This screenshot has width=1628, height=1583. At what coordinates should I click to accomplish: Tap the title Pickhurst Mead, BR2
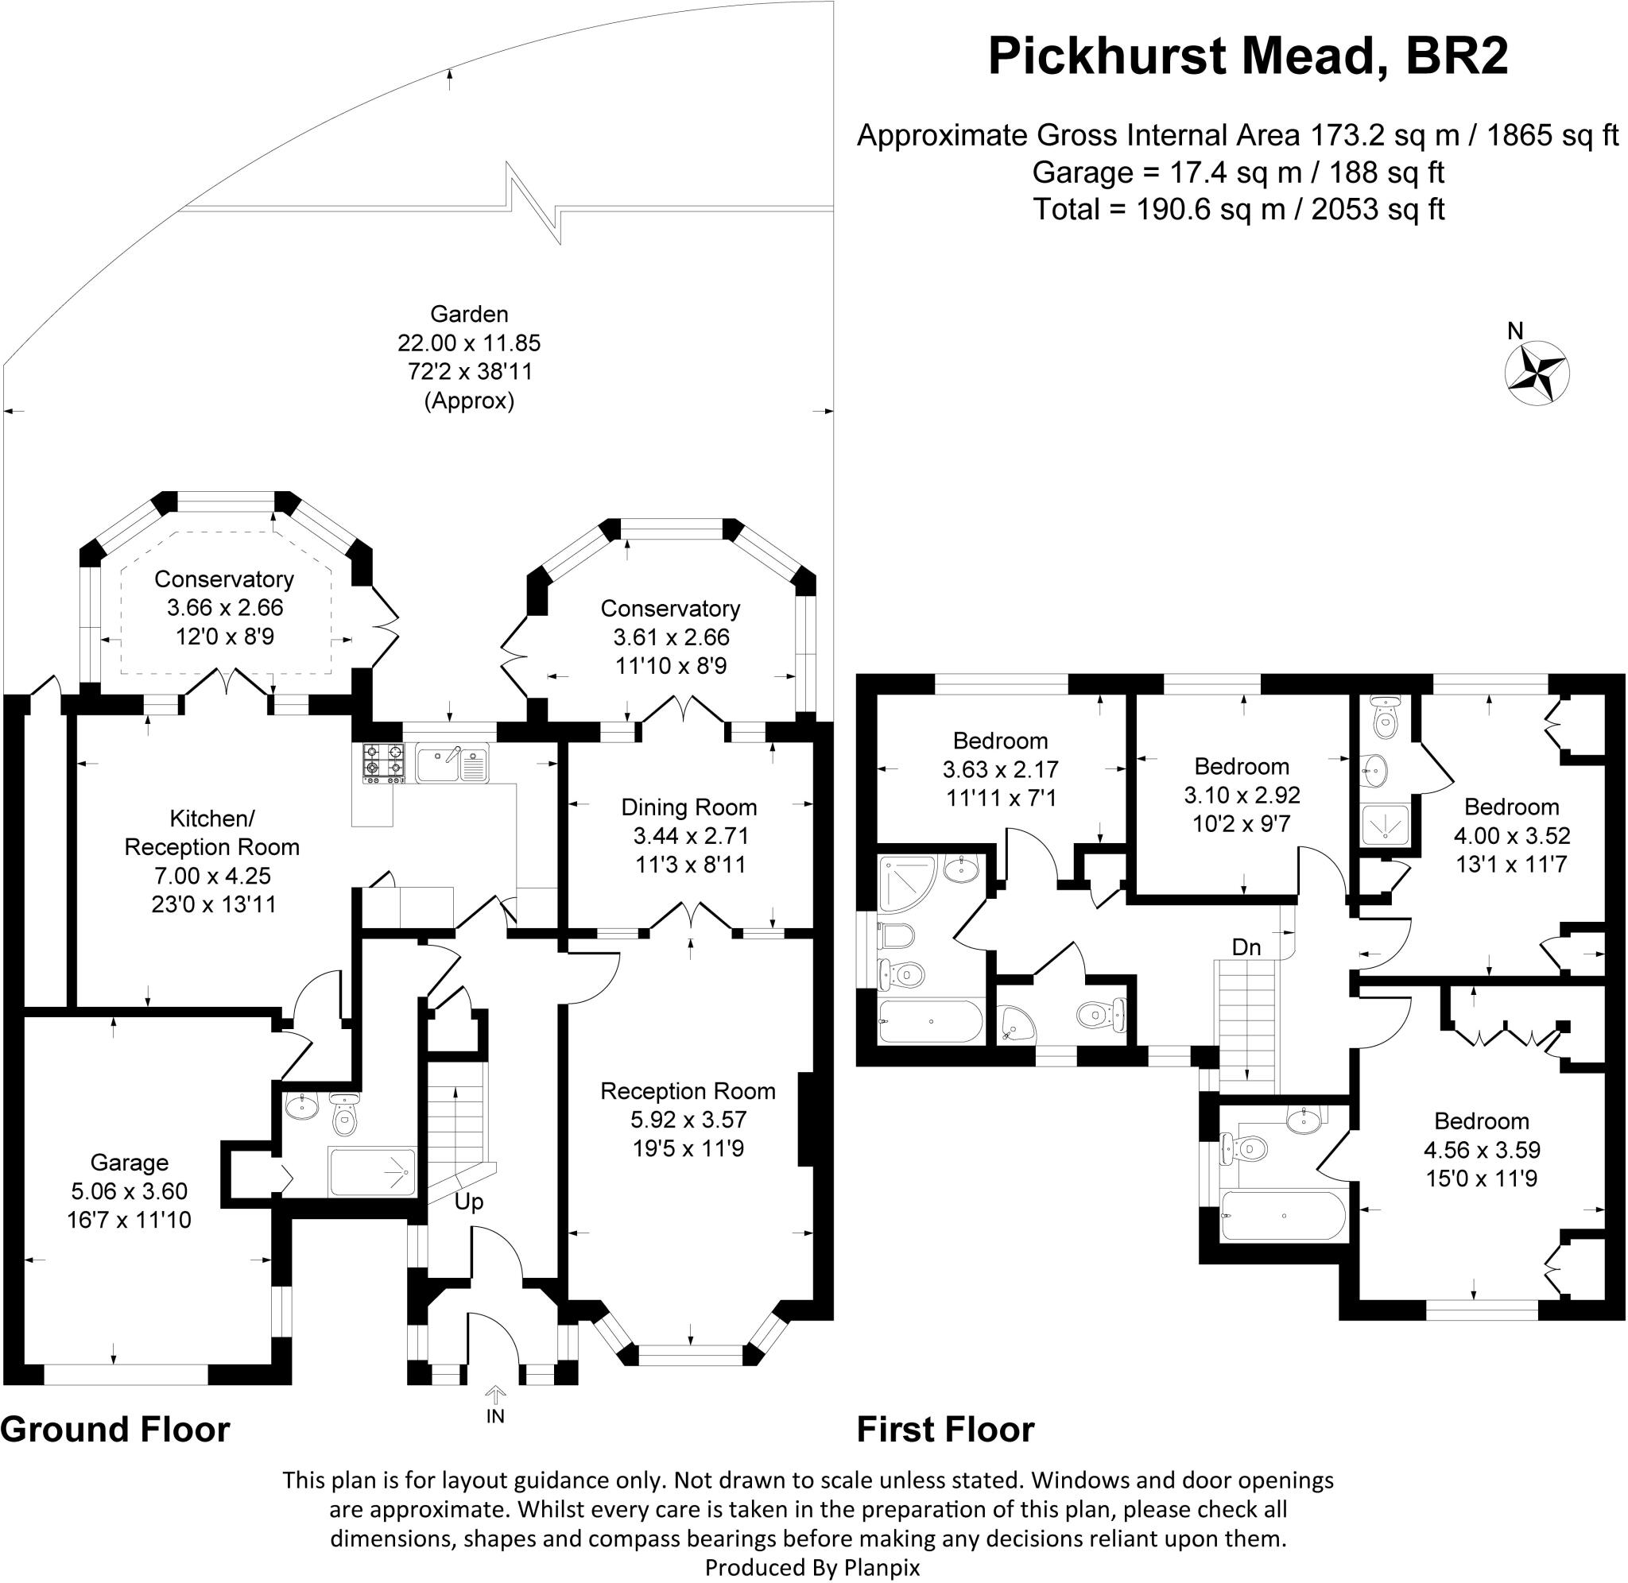pos(1247,56)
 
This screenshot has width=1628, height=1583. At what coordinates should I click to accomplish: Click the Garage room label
pos(130,1163)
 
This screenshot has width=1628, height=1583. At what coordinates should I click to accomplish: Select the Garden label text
pos(469,314)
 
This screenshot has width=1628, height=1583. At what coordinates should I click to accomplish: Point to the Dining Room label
pos(689,807)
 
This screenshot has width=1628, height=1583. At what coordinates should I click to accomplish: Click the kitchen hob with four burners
pos(383,763)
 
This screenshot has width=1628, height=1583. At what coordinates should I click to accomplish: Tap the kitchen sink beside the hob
pos(452,763)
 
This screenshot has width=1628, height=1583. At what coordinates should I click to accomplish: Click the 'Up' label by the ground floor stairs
pos(469,1202)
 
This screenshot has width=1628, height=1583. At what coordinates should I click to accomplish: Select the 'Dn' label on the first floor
pos(1246,947)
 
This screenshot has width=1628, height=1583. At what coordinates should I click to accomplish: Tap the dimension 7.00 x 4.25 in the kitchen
pos(212,876)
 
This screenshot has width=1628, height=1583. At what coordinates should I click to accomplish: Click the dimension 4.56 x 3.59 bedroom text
pos(1482,1150)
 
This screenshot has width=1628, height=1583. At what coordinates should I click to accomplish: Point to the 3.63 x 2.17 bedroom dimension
pos(1000,769)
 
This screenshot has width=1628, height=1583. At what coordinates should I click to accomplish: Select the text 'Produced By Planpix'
pos(812,1567)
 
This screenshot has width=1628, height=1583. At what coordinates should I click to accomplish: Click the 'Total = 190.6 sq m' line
pos(1238,209)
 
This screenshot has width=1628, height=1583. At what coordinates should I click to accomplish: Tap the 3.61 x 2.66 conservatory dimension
pos(671,637)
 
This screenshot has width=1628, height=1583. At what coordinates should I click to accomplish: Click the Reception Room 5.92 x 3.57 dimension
pos(688,1119)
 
